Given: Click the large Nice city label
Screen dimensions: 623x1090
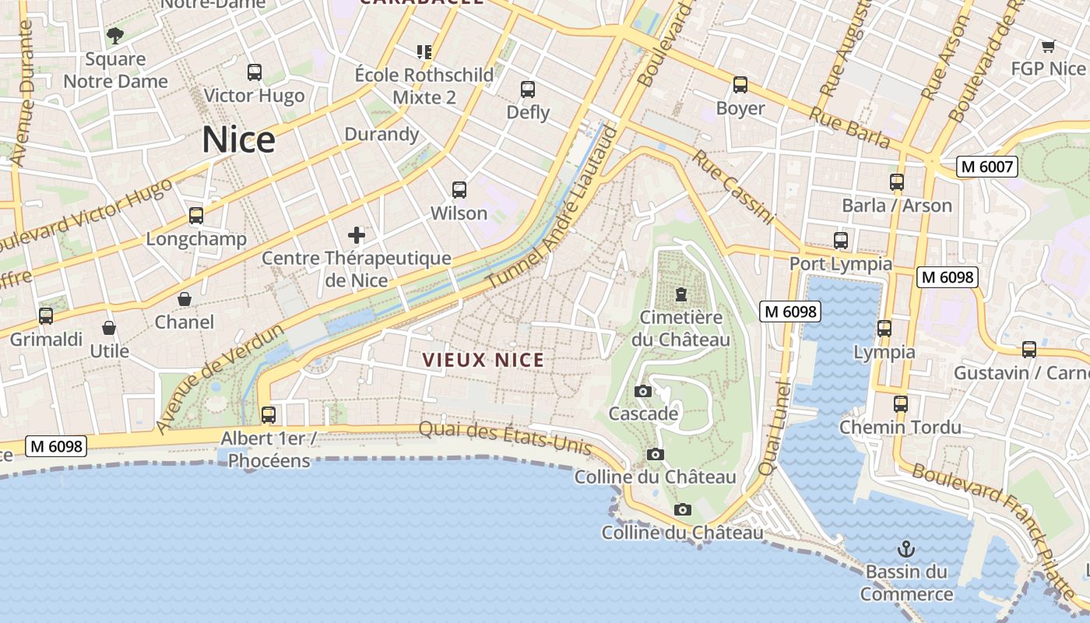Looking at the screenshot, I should click(x=238, y=140).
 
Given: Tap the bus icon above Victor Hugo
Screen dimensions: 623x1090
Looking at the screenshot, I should click(x=254, y=72).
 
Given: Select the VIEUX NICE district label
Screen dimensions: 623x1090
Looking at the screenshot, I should click(x=483, y=361).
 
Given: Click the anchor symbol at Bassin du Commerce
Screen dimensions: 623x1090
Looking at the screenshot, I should click(x=905, y=549).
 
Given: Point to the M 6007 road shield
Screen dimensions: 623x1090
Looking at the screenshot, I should click(x=987, y=167).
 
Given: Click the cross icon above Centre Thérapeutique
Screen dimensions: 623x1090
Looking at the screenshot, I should click(x=357, y=234).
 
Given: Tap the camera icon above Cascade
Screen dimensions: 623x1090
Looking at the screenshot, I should click(x=643, y=391).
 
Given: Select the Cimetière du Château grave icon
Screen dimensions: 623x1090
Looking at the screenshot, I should click(x=681, y=294).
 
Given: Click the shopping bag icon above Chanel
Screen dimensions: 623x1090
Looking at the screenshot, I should click(x=185, y=299).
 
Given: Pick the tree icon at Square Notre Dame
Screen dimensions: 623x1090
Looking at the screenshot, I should click(x=115, y=35).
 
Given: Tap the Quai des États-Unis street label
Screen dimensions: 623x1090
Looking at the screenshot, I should click(x=505, y=439).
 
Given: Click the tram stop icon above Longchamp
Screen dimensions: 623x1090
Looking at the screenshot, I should click(x=196, y=216).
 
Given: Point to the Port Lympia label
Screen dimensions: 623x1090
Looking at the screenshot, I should click(x=841, y=263).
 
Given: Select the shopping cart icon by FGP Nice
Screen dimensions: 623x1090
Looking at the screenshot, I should click(x=1048, y=46).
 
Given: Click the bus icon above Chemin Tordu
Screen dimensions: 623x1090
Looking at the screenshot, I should click(x=901, y=404).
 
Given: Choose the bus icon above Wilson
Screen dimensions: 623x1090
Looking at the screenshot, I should click(x=459, y=190).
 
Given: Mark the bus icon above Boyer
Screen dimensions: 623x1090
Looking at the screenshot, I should click(x=740, y=85).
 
